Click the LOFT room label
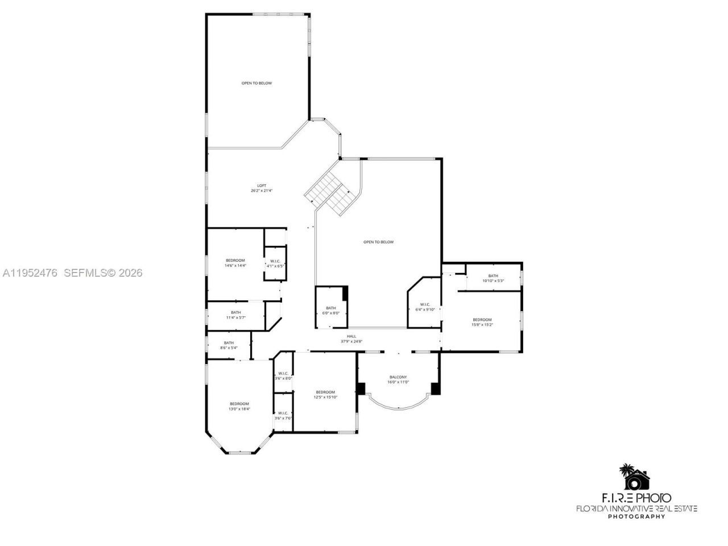pos(262,188)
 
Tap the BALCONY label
pos(398,379)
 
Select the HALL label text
pos(351,339)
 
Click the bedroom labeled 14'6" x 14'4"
pos(235,263)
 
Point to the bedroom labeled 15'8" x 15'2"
pos(482,322)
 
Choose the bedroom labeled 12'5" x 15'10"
pos(325,394)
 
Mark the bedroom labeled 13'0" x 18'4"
pos(239,406)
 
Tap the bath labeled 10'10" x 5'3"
pos(493,278)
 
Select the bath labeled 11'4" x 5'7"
pos(235,315)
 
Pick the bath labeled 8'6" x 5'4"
pos(229,345)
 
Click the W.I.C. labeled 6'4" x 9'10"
pos(425,307)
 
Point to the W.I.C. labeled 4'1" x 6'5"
pos(275,263)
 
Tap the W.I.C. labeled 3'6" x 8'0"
pos(283,376)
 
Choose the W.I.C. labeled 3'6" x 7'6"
pos(283,416)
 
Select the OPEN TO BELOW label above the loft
pos(257,83)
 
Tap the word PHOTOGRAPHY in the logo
pos(636,516)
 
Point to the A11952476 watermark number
pos(30,273)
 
